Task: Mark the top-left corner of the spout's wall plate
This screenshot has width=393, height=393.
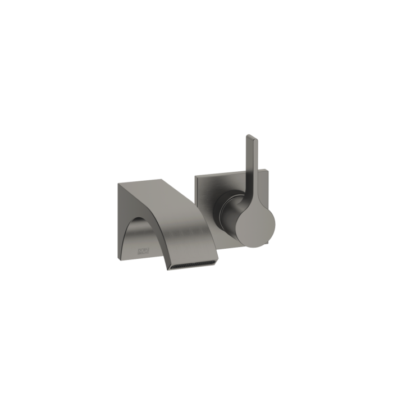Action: click(118, 183)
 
